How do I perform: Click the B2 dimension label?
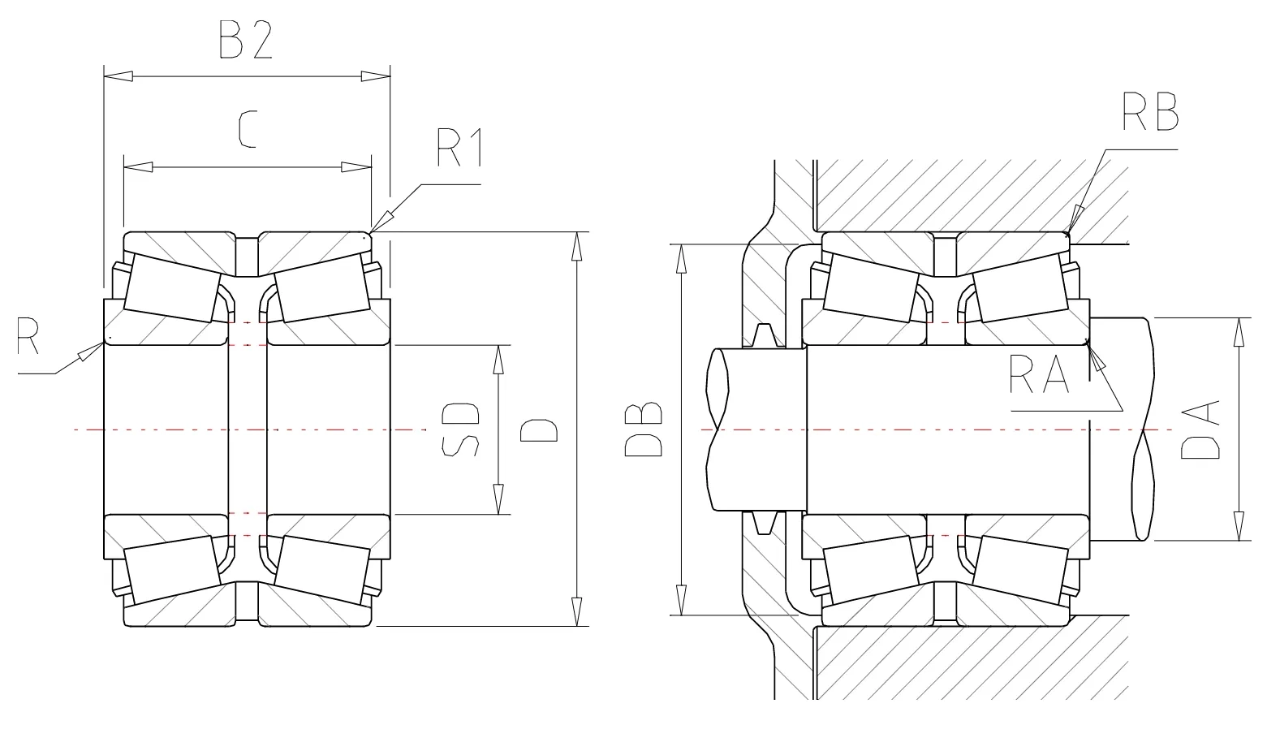[x=245, y=40]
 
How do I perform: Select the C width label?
[x=248, y=130]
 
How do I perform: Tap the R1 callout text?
[x=460, y=148]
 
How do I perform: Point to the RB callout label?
[x=1150, y=111]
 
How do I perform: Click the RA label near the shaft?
[x=1040, y=373]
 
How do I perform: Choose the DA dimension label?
[x=1200, y=429]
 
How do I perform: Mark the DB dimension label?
[x=643, y=429]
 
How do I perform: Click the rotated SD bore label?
[x=460, y=429]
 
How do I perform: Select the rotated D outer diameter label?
[x=538, y=430]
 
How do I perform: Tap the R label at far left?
[x=27, y=335]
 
